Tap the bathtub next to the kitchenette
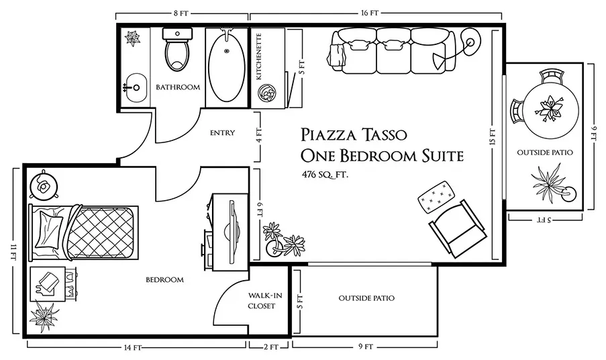pos(226,69)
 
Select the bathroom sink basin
pos(136,88)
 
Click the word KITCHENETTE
pos(259,56)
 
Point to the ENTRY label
pos(222,132)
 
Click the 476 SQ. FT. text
pos(325,175)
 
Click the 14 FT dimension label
pos(133,348)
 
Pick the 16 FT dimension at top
pos(370,13)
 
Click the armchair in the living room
pos(457,228)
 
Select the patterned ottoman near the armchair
pos(436,197)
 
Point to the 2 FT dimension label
pos(271,347)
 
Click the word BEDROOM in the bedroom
pos(164,279)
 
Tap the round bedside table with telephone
pos(44,186)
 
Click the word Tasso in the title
pos(384,134)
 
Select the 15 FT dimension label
pos(493,137)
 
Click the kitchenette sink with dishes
pos(268,93)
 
